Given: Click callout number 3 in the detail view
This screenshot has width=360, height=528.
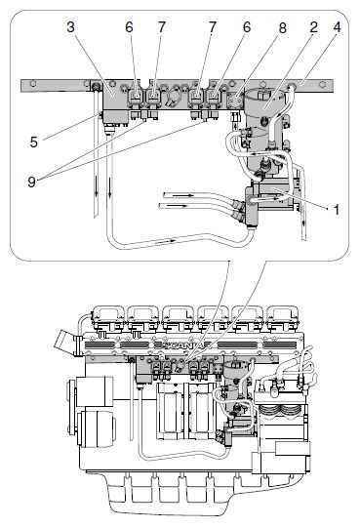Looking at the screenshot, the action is pyautogui.click(x=70, y=27).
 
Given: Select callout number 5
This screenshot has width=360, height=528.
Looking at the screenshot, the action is pyautogui.click(x=34, y=142).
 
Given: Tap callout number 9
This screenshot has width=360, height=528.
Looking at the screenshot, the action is pyautogui.click(x=31, y=182).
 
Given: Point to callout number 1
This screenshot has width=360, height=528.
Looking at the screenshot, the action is pyautogui.click(x=336, y=210).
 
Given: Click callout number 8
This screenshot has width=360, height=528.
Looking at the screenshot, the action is pyautogui.click(x=283, y=28).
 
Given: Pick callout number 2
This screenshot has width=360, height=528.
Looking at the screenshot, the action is pyautogui.click(x=313, y=27).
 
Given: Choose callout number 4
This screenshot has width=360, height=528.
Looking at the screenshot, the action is pyautogui.click(x=338, y=27).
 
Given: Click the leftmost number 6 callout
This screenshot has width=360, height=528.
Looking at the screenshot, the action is pyautogui.click(x=129, y=27).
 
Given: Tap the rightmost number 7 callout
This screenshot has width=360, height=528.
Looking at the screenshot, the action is pyautogui.click(x=212, y=27).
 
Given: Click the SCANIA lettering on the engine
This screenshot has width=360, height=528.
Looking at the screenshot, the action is pyautogui.click(x=183, y=345).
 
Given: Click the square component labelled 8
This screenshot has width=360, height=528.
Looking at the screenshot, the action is pyautogui.click(x=235, y=100).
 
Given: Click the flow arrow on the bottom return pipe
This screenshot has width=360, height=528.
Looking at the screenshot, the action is pyautogui.click(x=168, y=240).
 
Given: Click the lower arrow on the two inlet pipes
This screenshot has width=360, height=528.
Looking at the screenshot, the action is pyautogui.click(x=177, y=205).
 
